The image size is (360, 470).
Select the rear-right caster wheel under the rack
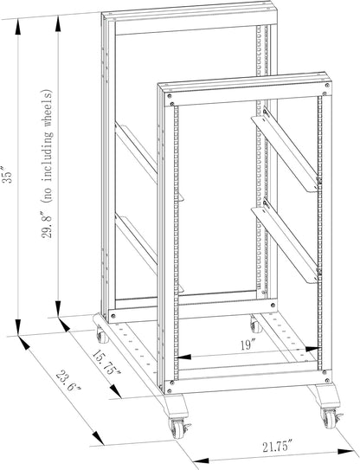pos(254,326)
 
